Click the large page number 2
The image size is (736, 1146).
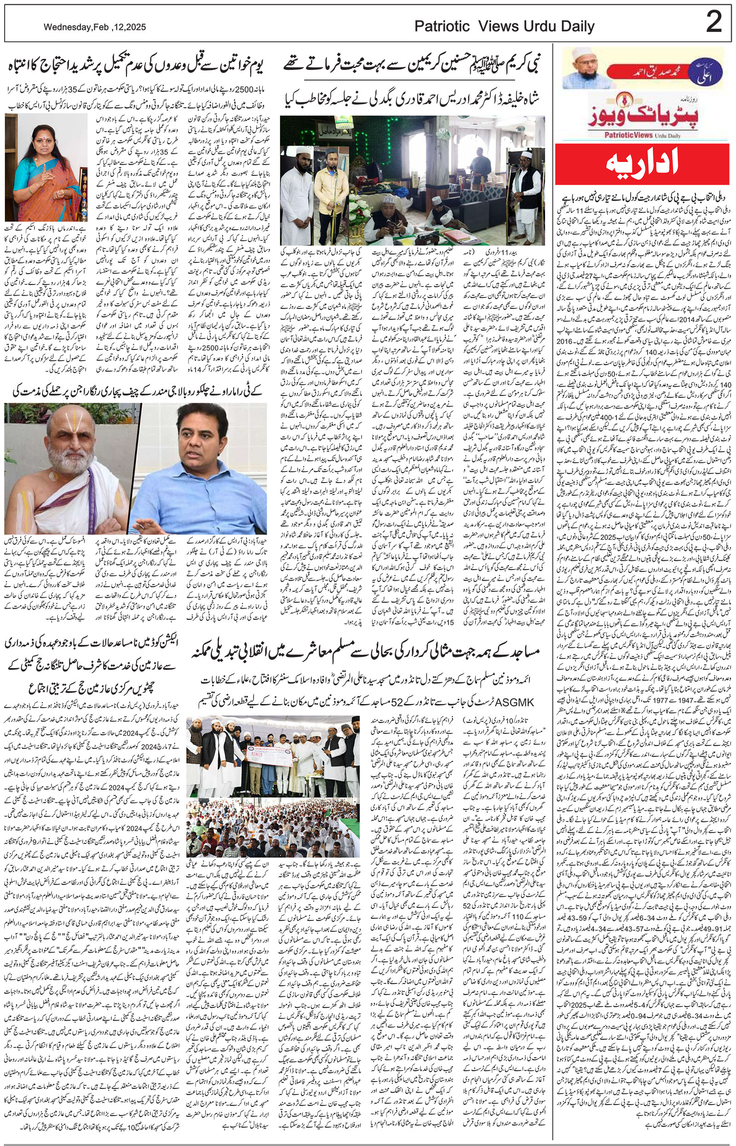coord(713,23)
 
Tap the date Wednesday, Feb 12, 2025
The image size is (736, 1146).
coord(94,28)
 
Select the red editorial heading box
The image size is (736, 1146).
coord(642,163)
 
